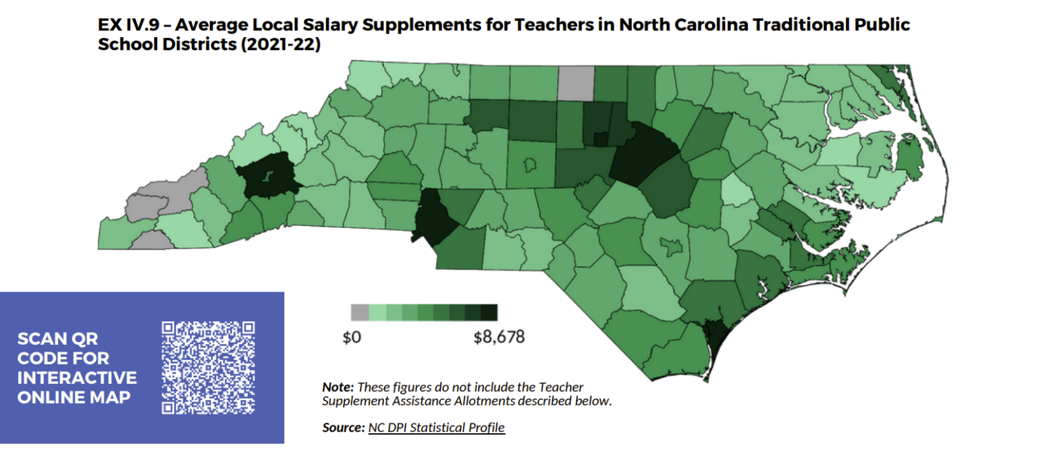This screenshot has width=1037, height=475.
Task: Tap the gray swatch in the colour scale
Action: click(x=360, y=312)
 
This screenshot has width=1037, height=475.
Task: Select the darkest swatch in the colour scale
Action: click(x=489, y=312)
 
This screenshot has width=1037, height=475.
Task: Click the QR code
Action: click(x=209, y=368)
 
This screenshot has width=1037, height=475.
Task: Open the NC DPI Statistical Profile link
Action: click(x=436, y=428)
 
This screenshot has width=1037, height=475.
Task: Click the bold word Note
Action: click(x=338, y=387)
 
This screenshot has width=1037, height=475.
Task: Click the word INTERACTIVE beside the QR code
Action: click(x=77, y=378)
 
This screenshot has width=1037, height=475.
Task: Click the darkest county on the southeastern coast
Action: click(x=712, y=333)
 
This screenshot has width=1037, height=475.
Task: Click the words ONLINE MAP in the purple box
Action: click(x=74, y=397)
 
